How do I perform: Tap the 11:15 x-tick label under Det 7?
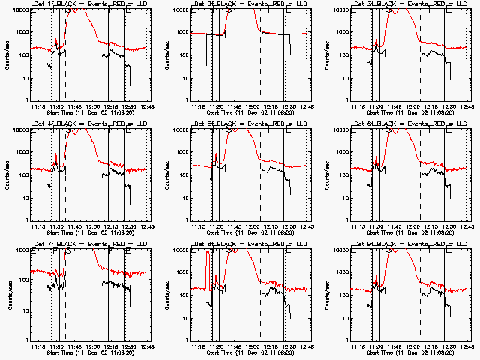click(x=40, y=346)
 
